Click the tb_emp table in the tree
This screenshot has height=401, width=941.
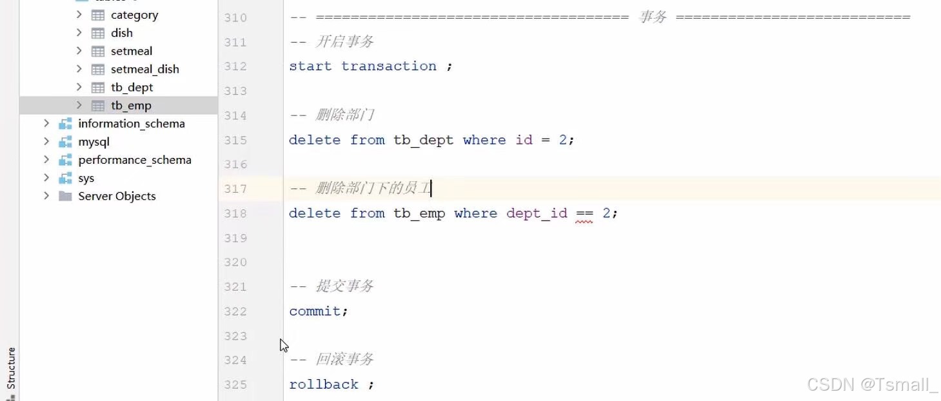click(131, 106)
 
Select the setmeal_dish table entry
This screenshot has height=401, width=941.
click(144, 69)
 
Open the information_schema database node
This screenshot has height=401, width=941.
click(131, 124)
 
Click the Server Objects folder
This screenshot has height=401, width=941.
click(117, 196)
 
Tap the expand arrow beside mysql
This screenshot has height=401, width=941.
click(46, 142)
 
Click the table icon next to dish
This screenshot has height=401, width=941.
click(98, 33)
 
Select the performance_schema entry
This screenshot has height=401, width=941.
click(134, 160)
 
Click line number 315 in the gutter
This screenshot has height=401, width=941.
click(235, 141)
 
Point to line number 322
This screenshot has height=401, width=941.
click(235, 311)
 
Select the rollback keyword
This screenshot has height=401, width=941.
click(324, 384)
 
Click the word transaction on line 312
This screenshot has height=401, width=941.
click(388, 66)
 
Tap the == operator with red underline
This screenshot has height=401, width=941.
click(584, 213)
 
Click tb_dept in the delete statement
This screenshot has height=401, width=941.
click(423, 140)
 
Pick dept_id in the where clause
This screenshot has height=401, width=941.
click(537, 213)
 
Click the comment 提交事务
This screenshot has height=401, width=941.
click(344, 286)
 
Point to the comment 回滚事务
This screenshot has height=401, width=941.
click(344, 359)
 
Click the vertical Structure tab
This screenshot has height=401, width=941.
click(11, 368)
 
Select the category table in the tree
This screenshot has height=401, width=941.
click(134, 15)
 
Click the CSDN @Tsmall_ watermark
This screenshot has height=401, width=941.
click(872, 385)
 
